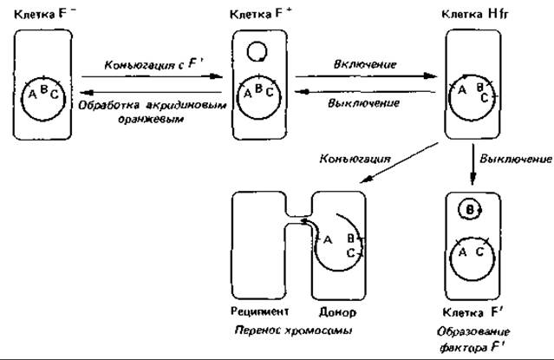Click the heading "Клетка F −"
coord(44,14)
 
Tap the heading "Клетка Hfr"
coord(475,14)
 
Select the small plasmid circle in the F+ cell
coord(257,52)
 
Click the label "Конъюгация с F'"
coord(154,65)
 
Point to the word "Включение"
coord(365,64)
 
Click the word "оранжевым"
coord(151,119)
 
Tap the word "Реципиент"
coord(260,311)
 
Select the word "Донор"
coord(337,312)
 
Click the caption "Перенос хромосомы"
coord(294,331)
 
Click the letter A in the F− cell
coord(32,94)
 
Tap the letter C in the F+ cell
coord(270,92)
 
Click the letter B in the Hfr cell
coord(480,87)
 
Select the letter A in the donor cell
coord(328,240)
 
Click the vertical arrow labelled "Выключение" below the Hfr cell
coord(473,164)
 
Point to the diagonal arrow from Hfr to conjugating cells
coord(400,163)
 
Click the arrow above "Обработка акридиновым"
coord(151,93)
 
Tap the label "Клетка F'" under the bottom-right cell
coord(473,312)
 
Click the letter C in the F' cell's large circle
coord(479,252)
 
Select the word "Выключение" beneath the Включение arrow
coord(363,103)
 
